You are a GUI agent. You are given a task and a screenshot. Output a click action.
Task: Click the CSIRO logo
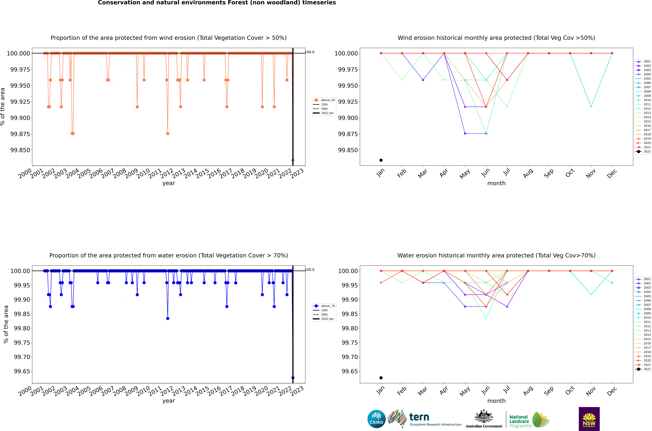click(376, 419)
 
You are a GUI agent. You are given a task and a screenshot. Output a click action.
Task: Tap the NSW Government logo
click(589, 419)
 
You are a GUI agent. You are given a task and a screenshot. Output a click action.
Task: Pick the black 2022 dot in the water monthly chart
click(381, 378)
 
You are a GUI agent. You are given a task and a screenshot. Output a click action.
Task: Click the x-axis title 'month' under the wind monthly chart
click(496, 183)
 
